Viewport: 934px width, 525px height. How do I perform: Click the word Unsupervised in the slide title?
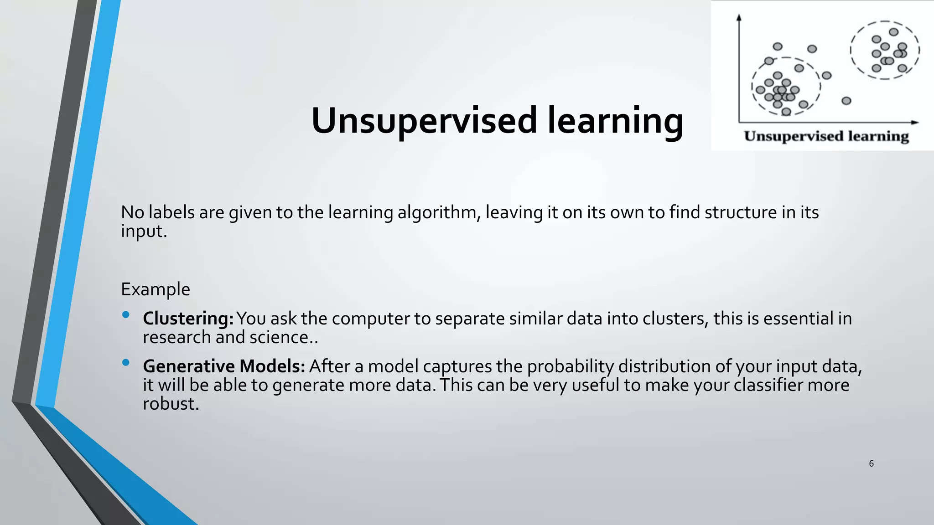(424, 121)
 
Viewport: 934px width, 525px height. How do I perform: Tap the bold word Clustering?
(188, 319)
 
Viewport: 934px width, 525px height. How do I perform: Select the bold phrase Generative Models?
(223, 366)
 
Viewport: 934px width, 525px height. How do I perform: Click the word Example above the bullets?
(155, 289)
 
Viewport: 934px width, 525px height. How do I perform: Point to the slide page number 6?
(871, 463)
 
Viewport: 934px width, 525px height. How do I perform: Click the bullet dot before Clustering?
(126, 315)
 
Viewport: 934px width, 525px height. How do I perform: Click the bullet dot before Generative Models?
(126, 363)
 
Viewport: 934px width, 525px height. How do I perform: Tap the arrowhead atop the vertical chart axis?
(739, 17)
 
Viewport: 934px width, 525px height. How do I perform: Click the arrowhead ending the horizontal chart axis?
(914, 122)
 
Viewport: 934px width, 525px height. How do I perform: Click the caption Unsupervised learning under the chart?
(826, 136)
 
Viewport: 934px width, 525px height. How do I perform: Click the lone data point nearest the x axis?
(846, 101)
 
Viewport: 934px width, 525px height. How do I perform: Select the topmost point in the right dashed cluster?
(894, 32)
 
